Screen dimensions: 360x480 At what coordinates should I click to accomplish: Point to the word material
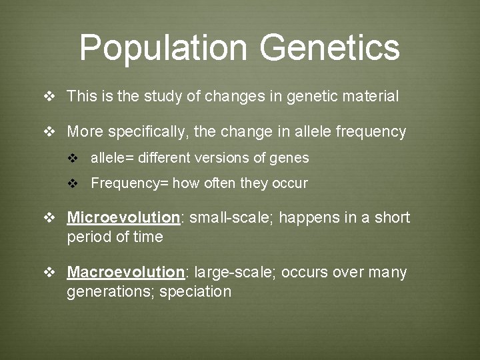371,97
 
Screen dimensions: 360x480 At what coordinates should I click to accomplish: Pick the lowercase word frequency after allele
371,132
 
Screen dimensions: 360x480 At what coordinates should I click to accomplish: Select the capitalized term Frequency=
129,183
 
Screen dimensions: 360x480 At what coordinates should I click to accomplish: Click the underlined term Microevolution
124,218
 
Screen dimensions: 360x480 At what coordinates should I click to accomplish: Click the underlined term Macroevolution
125,273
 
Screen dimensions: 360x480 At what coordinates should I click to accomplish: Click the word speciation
195,292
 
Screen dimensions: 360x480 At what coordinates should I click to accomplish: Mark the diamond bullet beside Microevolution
49,218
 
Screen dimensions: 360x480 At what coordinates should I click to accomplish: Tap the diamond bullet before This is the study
49,97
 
